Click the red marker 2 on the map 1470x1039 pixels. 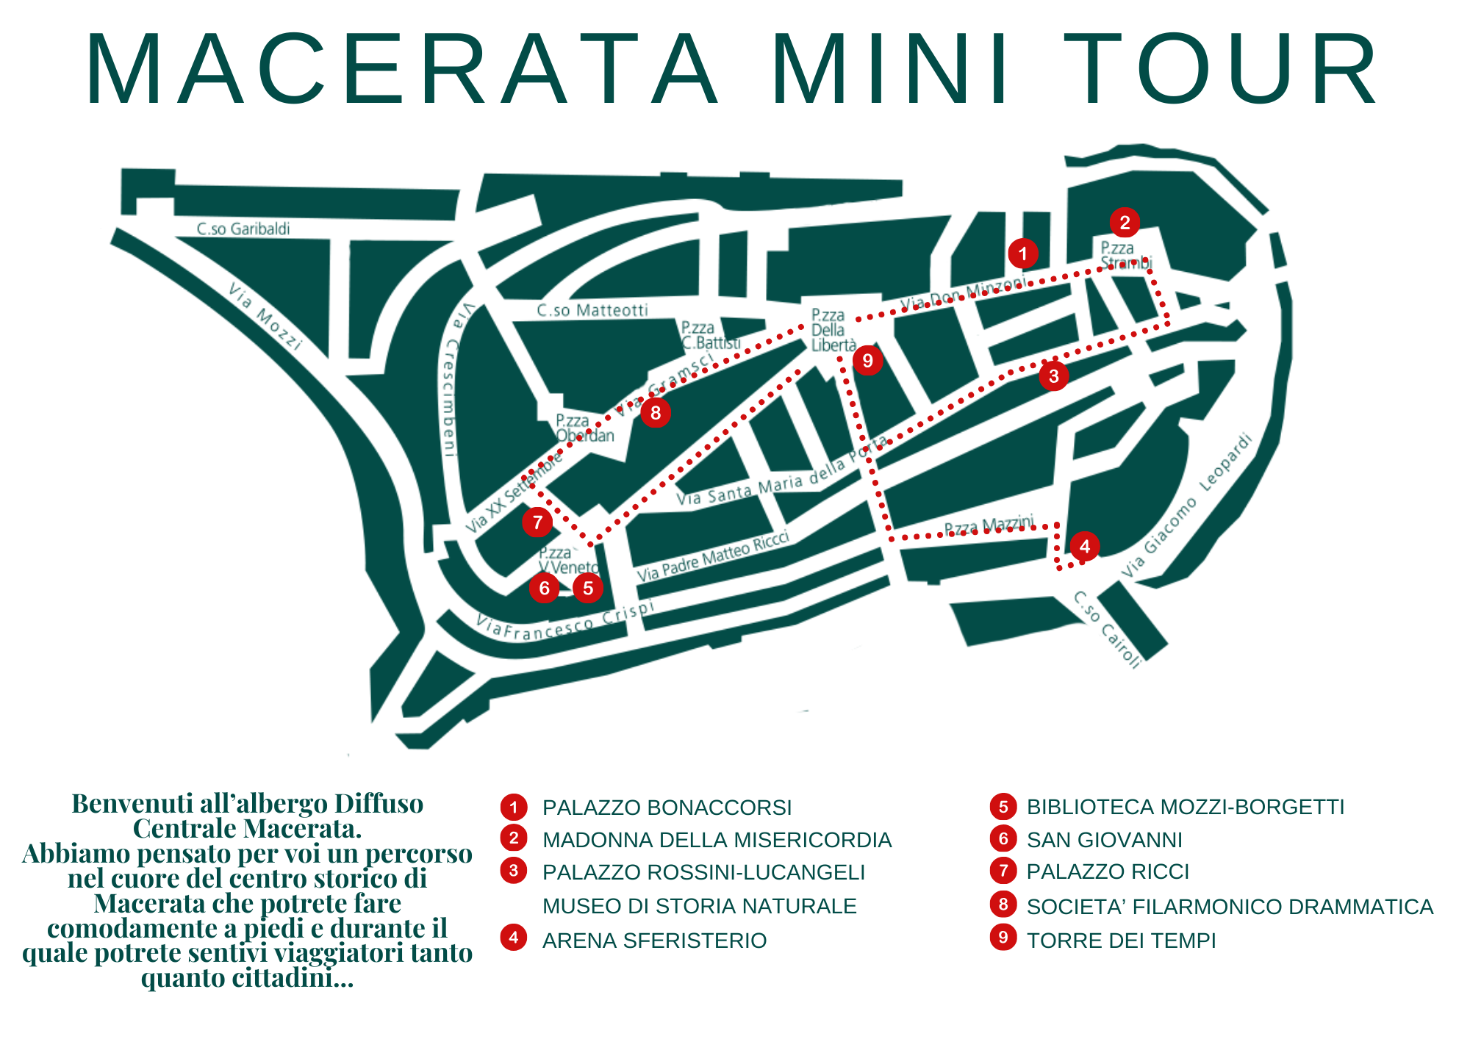[1125, 222]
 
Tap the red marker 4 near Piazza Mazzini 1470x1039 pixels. [1084, 546]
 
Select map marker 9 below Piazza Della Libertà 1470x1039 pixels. [868, 361]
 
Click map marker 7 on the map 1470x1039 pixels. [537, 522]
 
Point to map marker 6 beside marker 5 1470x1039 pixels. [545, 588]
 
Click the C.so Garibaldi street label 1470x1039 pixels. [243, 229]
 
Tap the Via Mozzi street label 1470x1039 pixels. [265, 316]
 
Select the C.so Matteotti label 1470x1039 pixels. [592, 310]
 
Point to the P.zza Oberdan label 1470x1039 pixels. [584, 428]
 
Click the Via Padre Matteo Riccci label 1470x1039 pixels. [712, 556]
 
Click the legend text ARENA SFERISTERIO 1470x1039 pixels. [654, 941]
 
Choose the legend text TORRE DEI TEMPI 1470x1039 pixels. [1121, 941]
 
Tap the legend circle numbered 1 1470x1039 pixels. [514, 807]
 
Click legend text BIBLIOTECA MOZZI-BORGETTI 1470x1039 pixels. [1185, 807]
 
